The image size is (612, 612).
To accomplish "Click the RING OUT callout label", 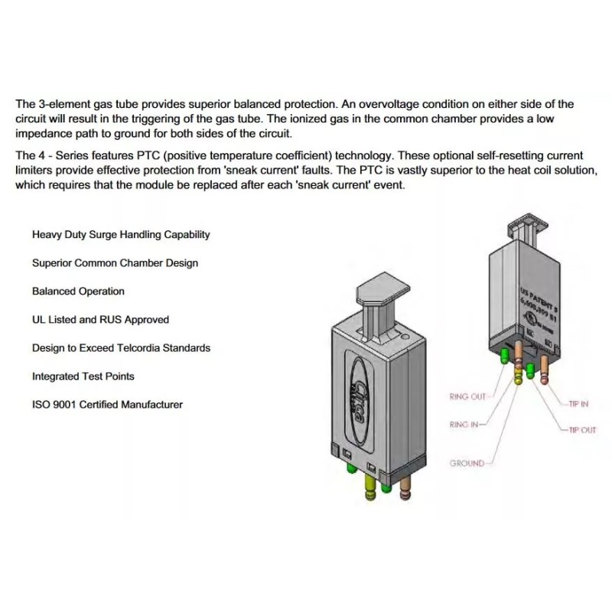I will pyautogui.click(x=467, y=396).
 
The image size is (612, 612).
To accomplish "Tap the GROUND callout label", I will pyautogui.click(x=467, y=464).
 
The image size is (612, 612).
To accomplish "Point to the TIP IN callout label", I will pyautogui.click(x=578, y=404).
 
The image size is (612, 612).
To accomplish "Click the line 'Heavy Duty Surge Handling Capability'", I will pyautogui.click(x=121, y=235).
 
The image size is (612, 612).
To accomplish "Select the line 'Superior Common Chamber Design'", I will pyautogui.click(x=115, y=263).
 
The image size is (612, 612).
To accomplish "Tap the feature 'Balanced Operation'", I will pyautogui.click(x=78, y=291).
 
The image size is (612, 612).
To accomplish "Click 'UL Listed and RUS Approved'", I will pyautogui.click(x=100, y=320).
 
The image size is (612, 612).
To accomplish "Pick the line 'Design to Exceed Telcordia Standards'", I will pyautogui.click(x=121, y=348).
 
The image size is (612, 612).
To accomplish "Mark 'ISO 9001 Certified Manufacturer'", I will pyautogui.click(x=107, y=405).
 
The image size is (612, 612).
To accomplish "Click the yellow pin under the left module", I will pyautogui.click(x=371, y=487).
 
